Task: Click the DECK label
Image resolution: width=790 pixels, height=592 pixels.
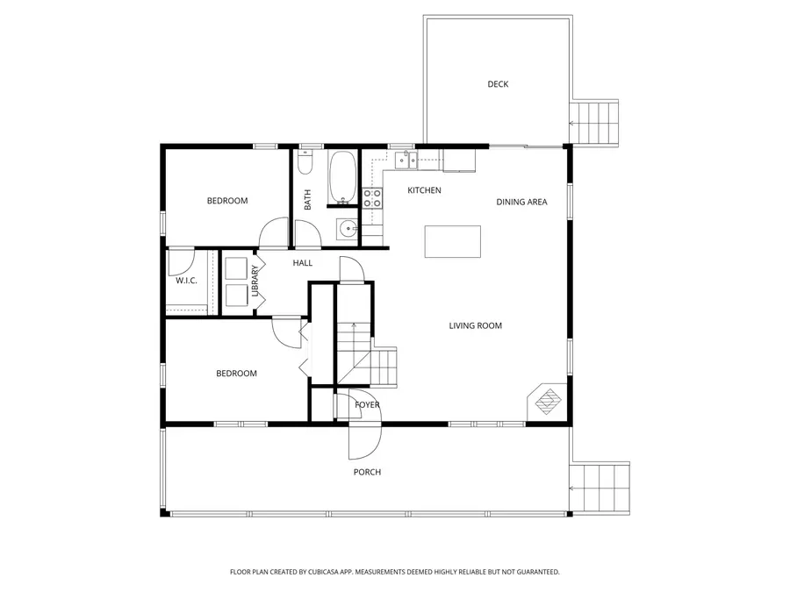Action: (498, 84)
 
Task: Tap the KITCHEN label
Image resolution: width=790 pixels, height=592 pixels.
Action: (424, 190)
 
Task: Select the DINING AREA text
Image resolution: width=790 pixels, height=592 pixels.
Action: (521, 202)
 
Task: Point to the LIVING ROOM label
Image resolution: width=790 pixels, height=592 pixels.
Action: (475, 325)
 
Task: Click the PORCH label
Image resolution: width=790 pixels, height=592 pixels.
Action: (367, 472)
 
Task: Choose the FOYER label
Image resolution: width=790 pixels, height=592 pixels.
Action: (367, 404)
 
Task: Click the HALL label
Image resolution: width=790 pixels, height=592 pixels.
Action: (302, 263)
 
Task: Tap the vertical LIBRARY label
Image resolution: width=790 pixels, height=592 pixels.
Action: (255, 281)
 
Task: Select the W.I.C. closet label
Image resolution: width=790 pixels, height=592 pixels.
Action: (186, 281)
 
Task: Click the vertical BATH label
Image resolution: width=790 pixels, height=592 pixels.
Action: (307, 201)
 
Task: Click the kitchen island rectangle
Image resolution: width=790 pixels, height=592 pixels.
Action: (453, 241)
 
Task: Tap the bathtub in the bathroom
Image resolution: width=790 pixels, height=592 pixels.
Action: (342, 178)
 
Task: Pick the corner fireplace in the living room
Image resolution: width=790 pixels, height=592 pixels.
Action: (548, 402)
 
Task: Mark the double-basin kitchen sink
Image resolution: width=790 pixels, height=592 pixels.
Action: (406, 160)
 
